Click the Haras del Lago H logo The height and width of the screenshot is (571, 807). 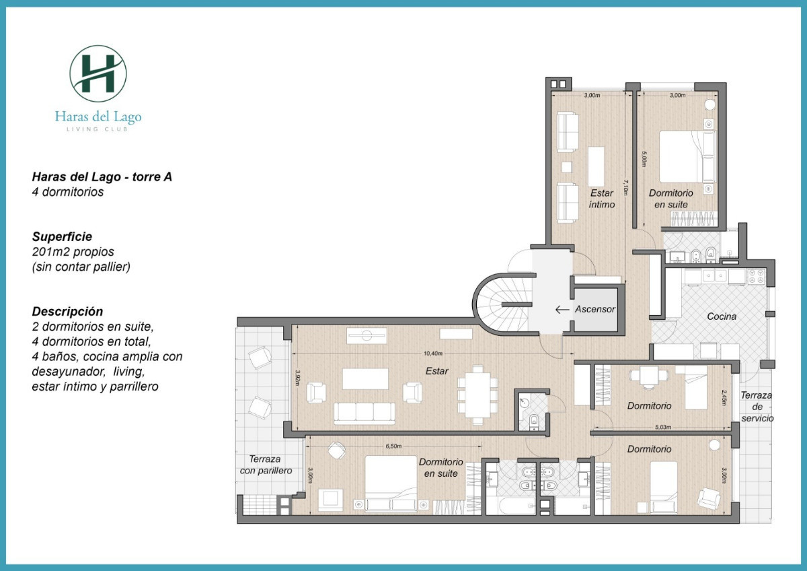(x=98, y=73)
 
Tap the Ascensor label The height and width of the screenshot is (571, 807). (x=594, y=310)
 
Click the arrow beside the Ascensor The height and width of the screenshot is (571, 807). (x=562, y=310)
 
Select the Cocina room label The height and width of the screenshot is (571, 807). (x=722, y=316)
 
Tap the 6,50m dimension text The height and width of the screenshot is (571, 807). (x=393, y=446)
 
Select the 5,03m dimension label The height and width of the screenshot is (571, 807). (x=662, y=427)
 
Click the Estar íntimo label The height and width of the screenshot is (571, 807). (x=602, y=199)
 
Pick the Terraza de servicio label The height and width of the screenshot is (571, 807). (x=757, y=407)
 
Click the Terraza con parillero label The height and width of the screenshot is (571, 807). (x=266, y=465)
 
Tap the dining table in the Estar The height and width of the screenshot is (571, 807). (x=477, y=395)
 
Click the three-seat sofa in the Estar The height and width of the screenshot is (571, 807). (x=364, y=413)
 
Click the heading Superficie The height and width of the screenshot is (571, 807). (x=62, y=237)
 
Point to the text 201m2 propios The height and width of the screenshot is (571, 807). (x=73, y=252)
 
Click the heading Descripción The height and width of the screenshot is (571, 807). (x=67, y=312)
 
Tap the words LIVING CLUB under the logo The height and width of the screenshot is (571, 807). (x=98, y=129)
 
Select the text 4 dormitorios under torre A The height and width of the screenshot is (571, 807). (x=68, y=192)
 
